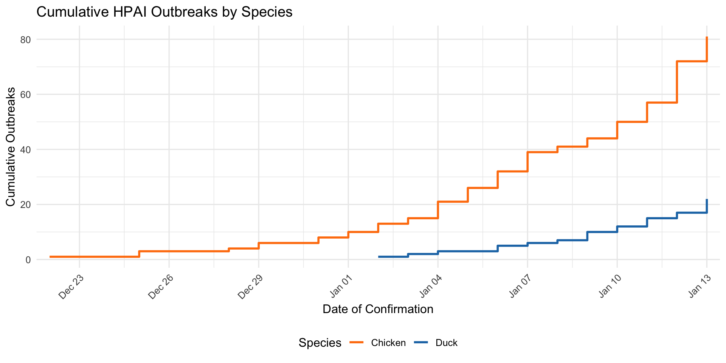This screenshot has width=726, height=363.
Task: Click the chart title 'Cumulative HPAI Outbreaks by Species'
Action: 164,12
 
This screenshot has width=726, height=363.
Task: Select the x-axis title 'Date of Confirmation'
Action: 378,309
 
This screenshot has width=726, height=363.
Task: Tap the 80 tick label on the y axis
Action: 26,40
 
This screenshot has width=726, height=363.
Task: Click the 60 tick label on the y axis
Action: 26,95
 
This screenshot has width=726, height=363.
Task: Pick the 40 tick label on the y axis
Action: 26,150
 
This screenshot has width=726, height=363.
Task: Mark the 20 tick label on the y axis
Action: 26,205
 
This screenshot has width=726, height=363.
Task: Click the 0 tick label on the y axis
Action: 28,260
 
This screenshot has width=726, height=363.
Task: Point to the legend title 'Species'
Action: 320,343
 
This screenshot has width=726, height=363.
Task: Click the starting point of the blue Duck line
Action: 379,257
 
